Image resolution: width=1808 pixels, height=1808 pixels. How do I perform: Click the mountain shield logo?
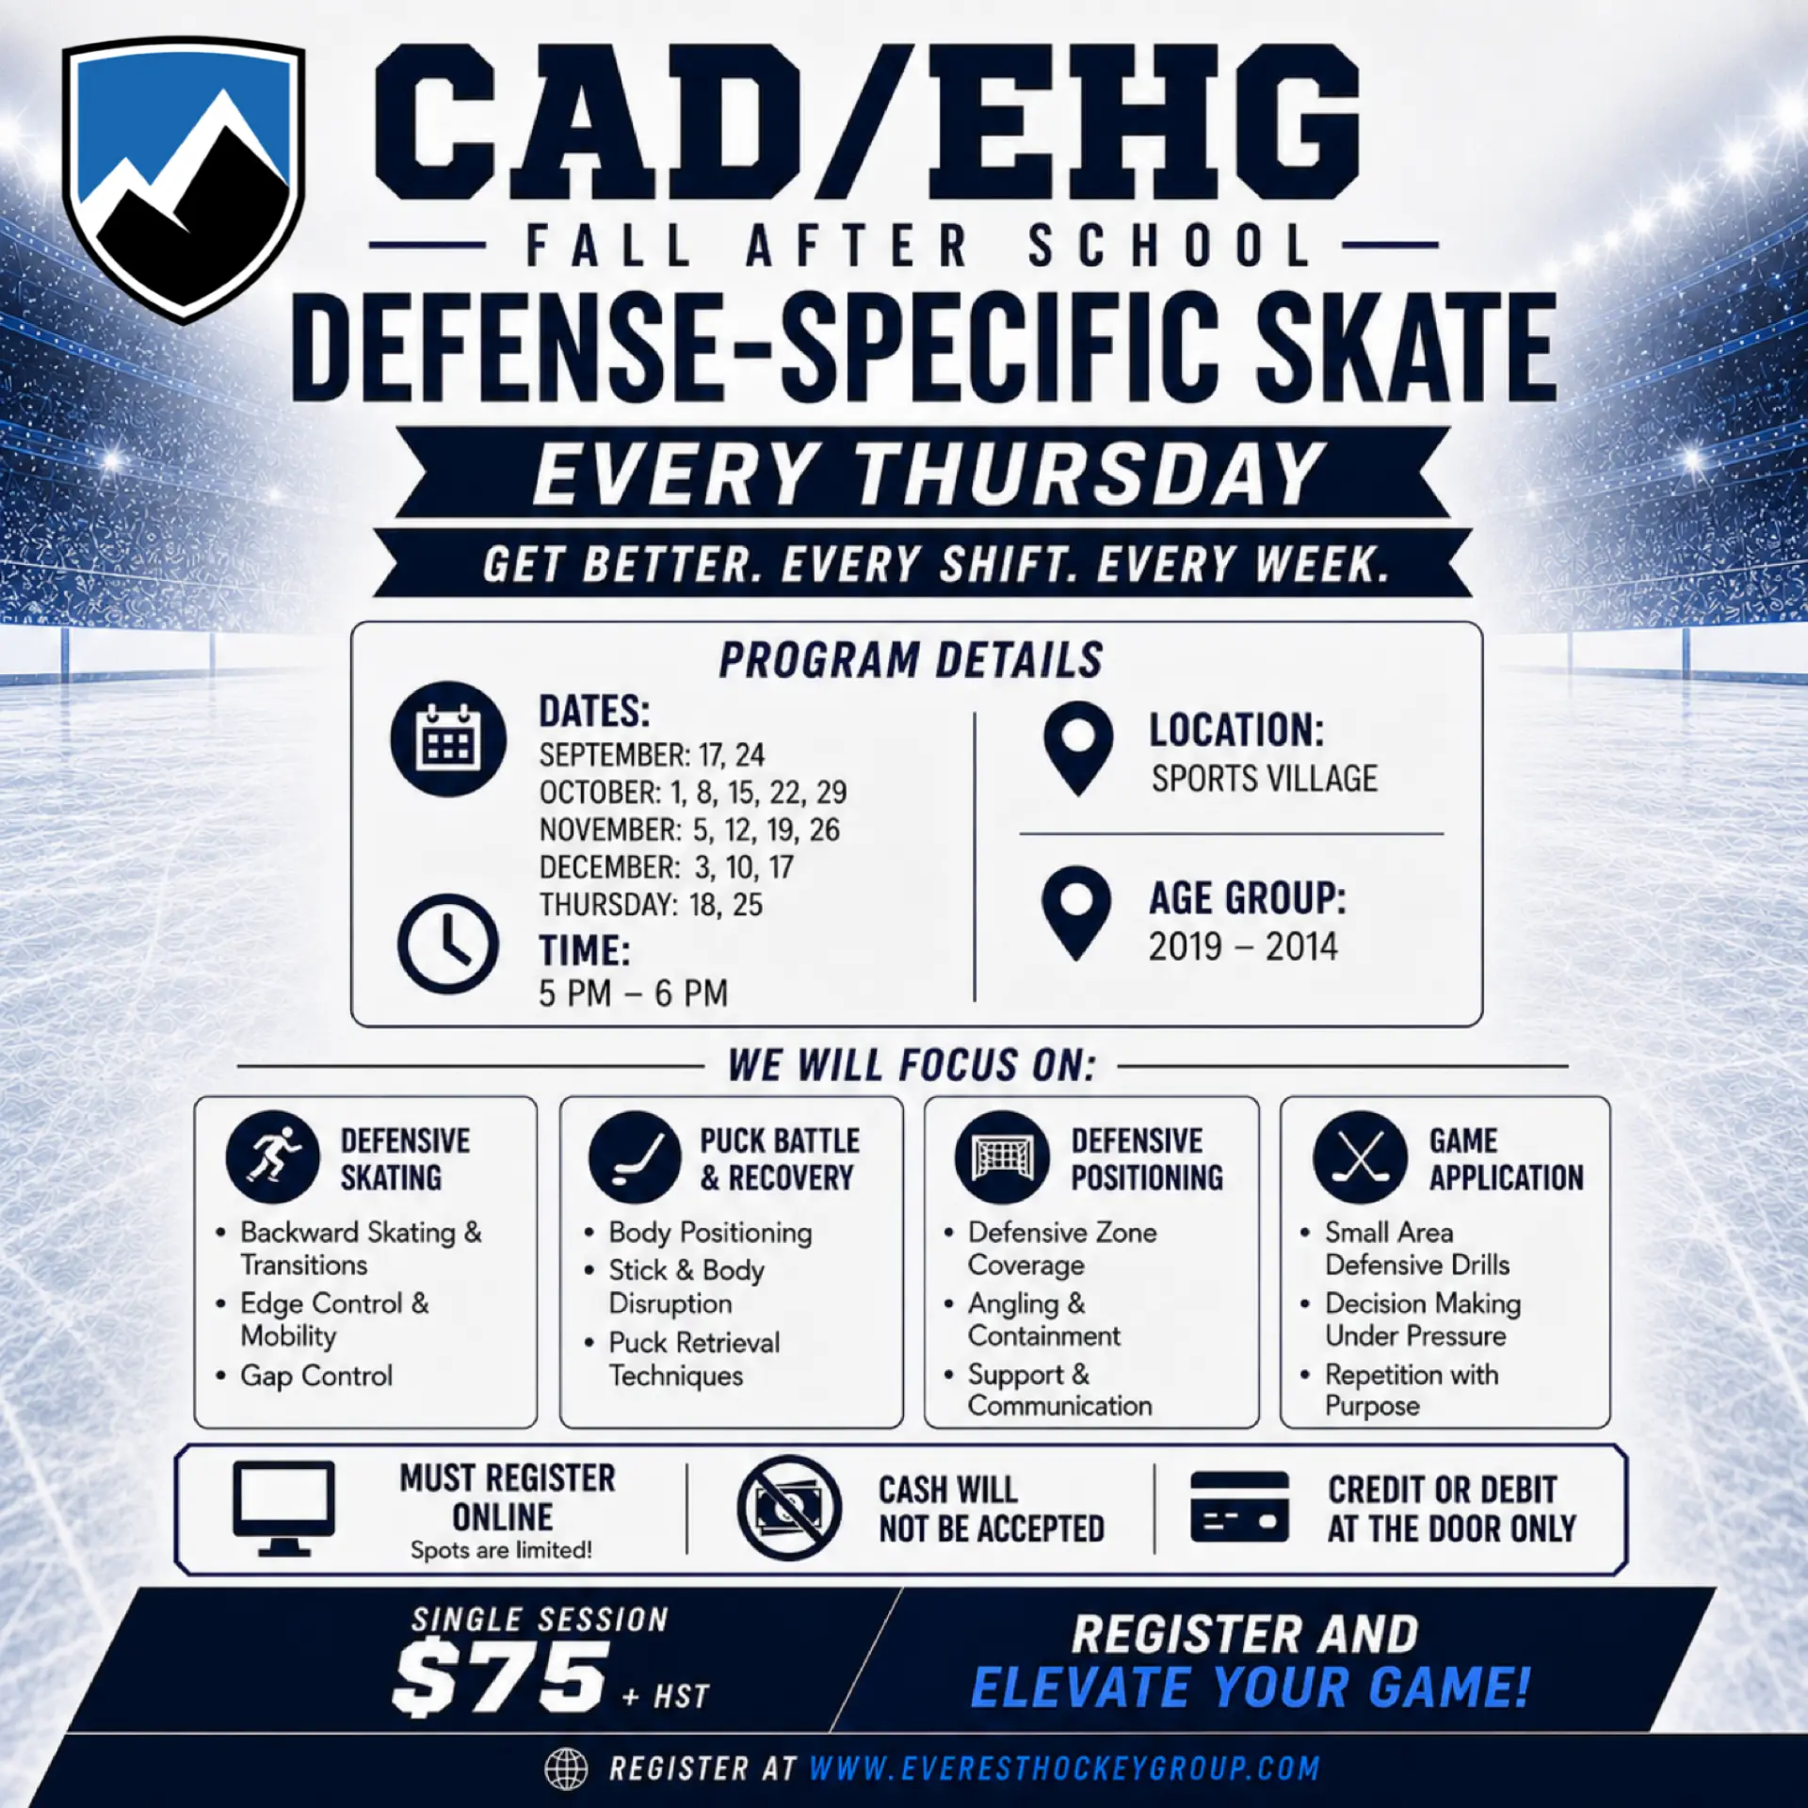point(185,179)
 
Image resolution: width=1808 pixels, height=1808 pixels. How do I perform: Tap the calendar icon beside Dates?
point(448,738)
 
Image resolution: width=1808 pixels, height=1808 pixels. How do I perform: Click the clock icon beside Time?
point(448,944)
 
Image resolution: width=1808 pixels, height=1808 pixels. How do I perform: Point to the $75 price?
point(500,1676)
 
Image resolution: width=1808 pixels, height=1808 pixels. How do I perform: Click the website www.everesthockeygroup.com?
point(1064,1768)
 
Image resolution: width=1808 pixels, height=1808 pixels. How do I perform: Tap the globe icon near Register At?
point(566,1768)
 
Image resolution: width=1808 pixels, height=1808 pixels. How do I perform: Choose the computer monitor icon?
point(283,1509)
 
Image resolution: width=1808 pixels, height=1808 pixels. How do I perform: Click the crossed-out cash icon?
point(789,1508)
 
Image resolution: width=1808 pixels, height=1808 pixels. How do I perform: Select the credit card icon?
point(1239,1507)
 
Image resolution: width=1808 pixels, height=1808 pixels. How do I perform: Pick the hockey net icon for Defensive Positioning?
point(1002,1157)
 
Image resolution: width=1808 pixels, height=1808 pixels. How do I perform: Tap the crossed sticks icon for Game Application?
point(1360,1157)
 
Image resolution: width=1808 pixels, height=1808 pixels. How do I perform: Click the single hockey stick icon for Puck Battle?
point(635,1157)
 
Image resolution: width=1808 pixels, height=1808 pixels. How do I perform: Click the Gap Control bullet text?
point(316,1376)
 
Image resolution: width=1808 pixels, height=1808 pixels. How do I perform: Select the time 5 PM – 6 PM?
point(634,993)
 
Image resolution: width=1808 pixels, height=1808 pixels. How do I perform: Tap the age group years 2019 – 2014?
point(1243,946)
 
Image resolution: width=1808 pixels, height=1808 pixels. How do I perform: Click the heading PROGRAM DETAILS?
point(911,660)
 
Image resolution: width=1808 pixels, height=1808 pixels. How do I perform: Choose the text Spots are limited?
point(501,1550)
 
